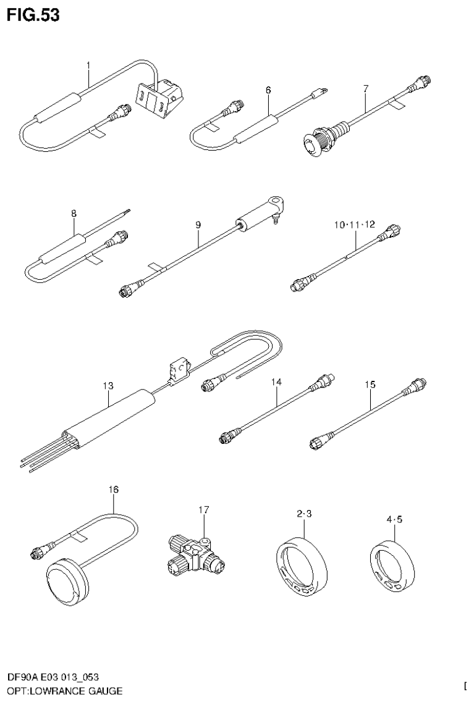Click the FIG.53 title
[x=33, y=15]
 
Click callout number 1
[x=88, y=65]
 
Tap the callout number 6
[x=268, y=90]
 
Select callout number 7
[x=365, y=90]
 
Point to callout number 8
[x=74, y=214]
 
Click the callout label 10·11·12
[x=355, y=225]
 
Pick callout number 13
[x=108, y=386]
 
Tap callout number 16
[x=113, y=489]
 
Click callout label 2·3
[x=303, y=514]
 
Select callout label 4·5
[x=394, y=519]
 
